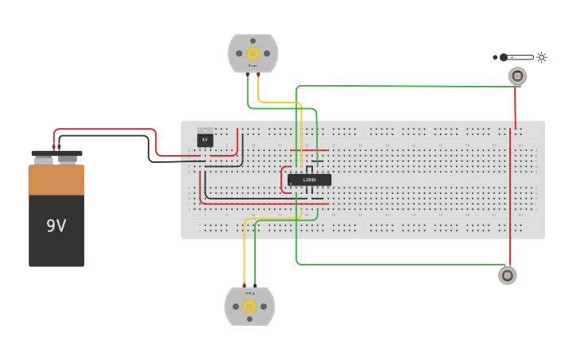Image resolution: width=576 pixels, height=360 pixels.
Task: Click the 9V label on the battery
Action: (x=56, y=226)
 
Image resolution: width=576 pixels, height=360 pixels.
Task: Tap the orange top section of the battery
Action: (x=56, y=180)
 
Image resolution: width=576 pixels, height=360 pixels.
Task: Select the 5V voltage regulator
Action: (x=205, y=138)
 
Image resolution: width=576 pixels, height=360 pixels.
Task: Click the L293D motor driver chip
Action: (x=309, y=180)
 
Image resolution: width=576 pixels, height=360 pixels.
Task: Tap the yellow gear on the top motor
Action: (x=253, y=53)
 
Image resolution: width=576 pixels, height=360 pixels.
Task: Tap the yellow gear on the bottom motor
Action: (x=249, y=306)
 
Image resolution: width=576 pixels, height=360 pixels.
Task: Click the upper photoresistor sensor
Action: (x=517, y=76)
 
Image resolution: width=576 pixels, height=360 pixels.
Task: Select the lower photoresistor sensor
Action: (x=508, y=275)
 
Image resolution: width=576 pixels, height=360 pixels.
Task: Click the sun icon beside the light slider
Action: (x=542, y=57)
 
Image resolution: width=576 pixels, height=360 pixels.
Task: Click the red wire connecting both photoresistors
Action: (x=512, y=199)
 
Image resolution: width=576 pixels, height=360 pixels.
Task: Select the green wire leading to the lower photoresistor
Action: (x=397, y=264)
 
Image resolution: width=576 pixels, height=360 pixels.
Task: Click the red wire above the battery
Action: (x=103, y=130)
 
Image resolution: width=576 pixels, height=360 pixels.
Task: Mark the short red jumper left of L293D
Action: (x=282, y=180)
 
